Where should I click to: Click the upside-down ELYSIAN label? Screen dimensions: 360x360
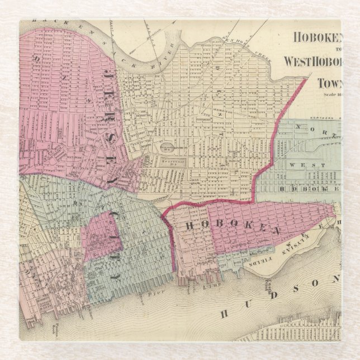306,241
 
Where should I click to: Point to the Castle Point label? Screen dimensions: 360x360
337,222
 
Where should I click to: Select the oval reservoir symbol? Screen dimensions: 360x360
168,146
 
